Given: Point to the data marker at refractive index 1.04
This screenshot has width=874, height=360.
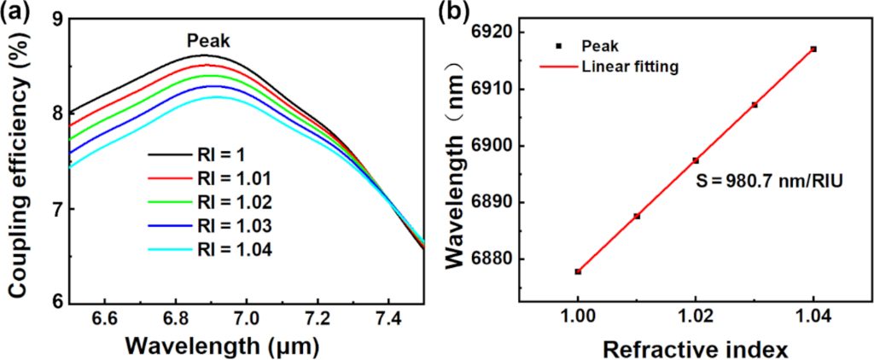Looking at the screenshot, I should [x=813, y=49].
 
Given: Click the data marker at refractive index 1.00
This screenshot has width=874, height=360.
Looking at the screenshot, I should [x=578, y=271].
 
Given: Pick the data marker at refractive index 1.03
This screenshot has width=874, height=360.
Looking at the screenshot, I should [x=755, y=105].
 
